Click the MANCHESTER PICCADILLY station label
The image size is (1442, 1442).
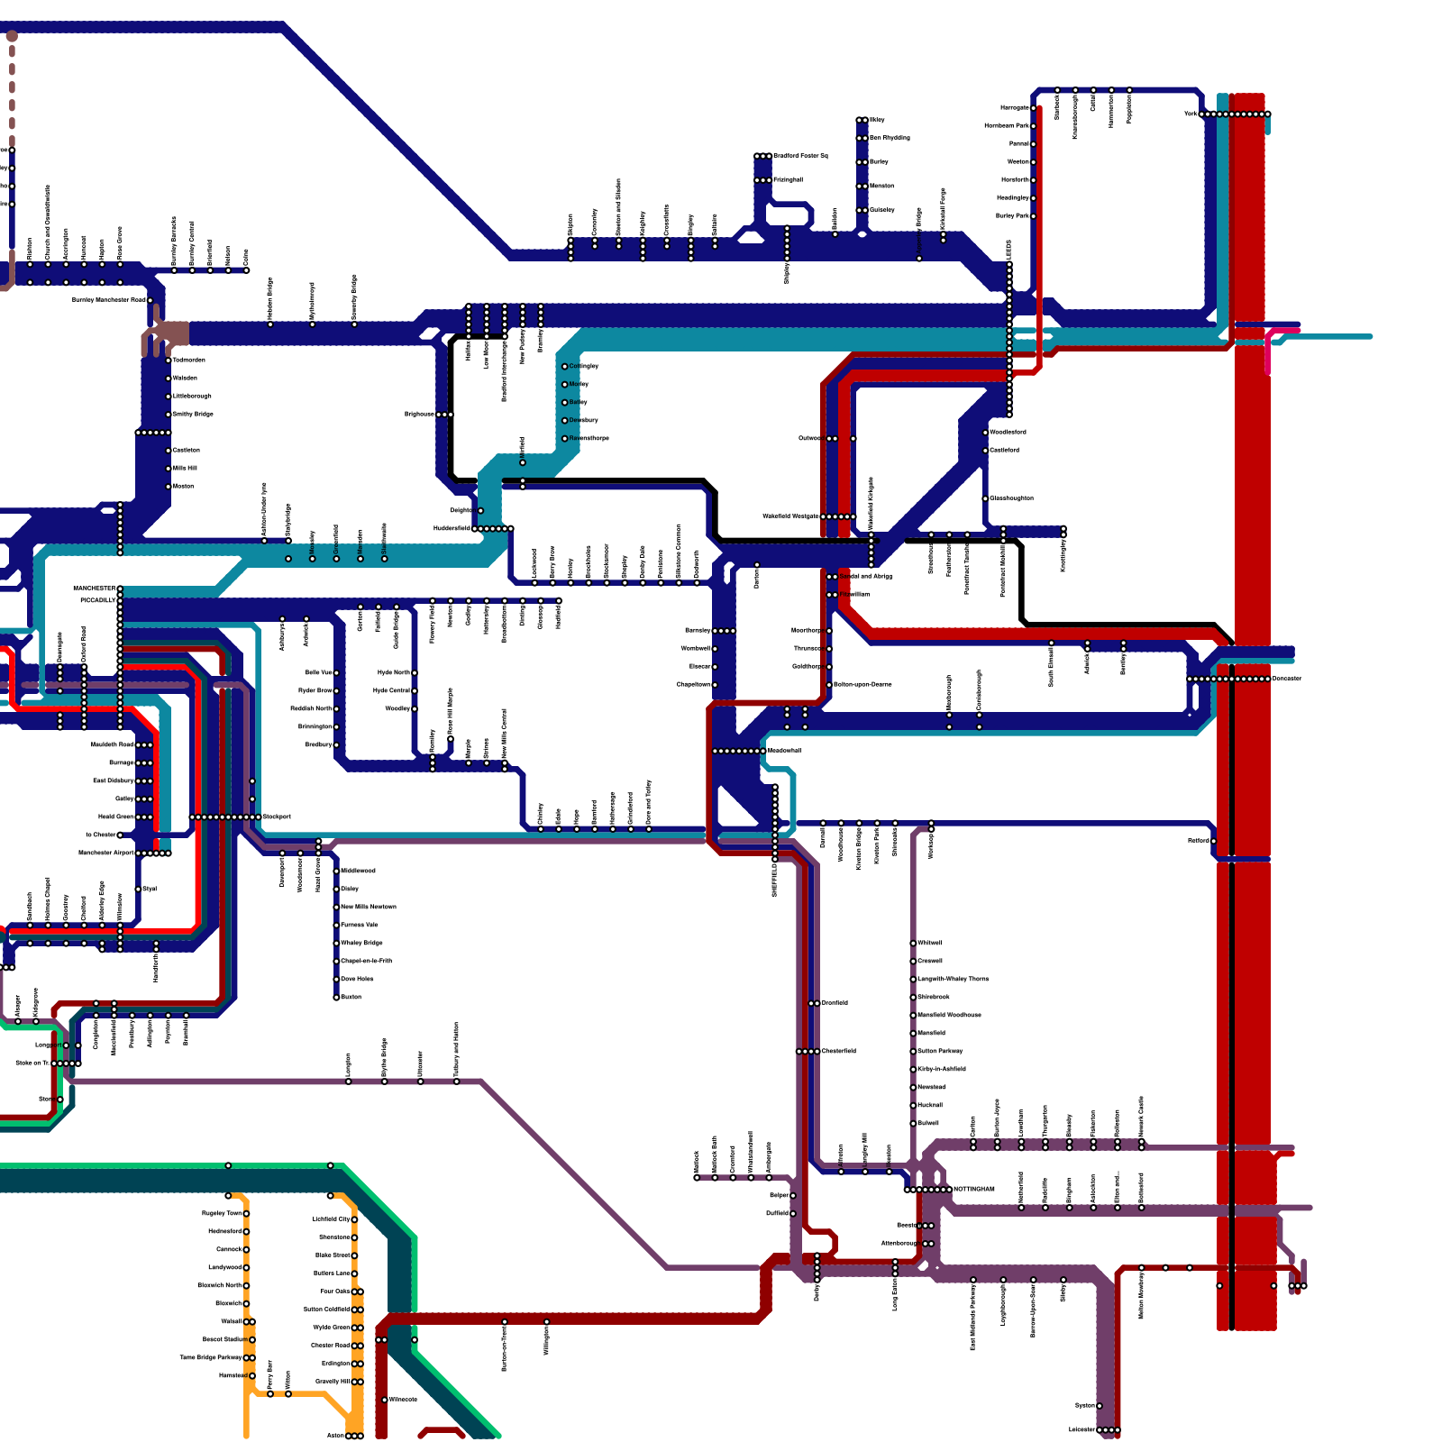[95, 594]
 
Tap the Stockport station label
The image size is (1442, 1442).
[277, 817]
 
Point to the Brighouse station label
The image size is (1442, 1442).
[420, 415]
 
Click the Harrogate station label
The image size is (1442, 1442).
[1015, 108]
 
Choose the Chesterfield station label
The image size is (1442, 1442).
[838, 1051]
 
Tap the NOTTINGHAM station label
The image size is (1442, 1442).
[973, 1189]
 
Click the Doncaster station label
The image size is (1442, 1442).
[1287, 679]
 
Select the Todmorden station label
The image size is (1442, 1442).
[188, 360]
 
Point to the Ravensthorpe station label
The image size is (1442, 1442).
[589, 438]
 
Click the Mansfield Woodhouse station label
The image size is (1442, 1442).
[949, 1015]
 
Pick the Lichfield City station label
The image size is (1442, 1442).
[332, 1219]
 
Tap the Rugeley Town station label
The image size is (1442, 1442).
[222, 1213]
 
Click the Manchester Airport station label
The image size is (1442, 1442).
[106, 853]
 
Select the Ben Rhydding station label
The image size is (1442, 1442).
[890, 138]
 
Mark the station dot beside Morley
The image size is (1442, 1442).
[565, 385]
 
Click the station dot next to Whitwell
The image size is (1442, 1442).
[913, 943]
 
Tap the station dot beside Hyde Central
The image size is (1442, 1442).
[415, 690]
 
